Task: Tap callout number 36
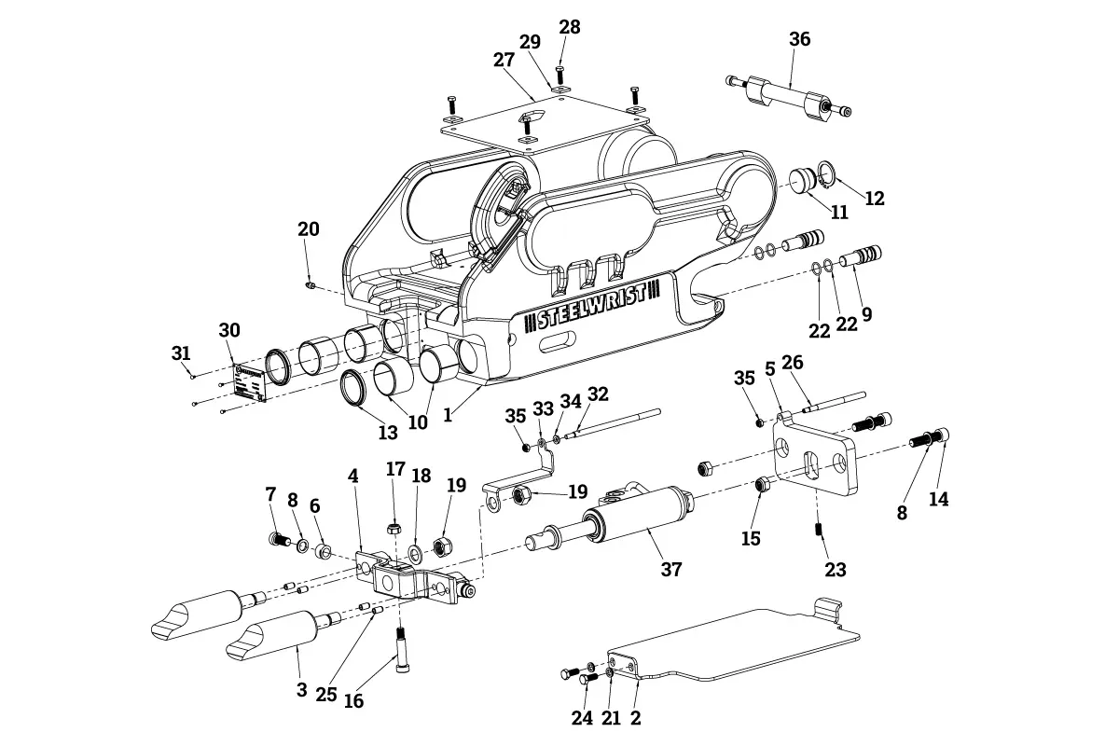coord(799,39)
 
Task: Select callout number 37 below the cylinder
coord(671,569)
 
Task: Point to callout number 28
coord(569,27)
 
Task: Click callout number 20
coord(308,229)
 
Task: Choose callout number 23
coord(835,569)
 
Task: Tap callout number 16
coord(353,701)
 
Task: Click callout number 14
coord(938,499)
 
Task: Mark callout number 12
coord(874,199)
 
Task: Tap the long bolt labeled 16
coord(401,648)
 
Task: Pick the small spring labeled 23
coord(819,530)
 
